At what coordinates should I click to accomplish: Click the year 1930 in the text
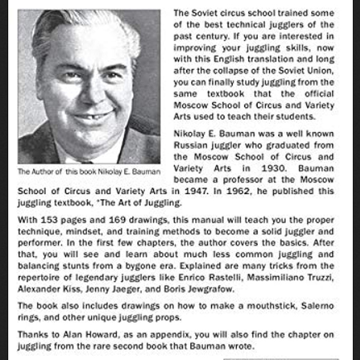(273, 168)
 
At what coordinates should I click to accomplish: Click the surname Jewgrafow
(210, 289)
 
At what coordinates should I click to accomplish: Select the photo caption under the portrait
(89, 171)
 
